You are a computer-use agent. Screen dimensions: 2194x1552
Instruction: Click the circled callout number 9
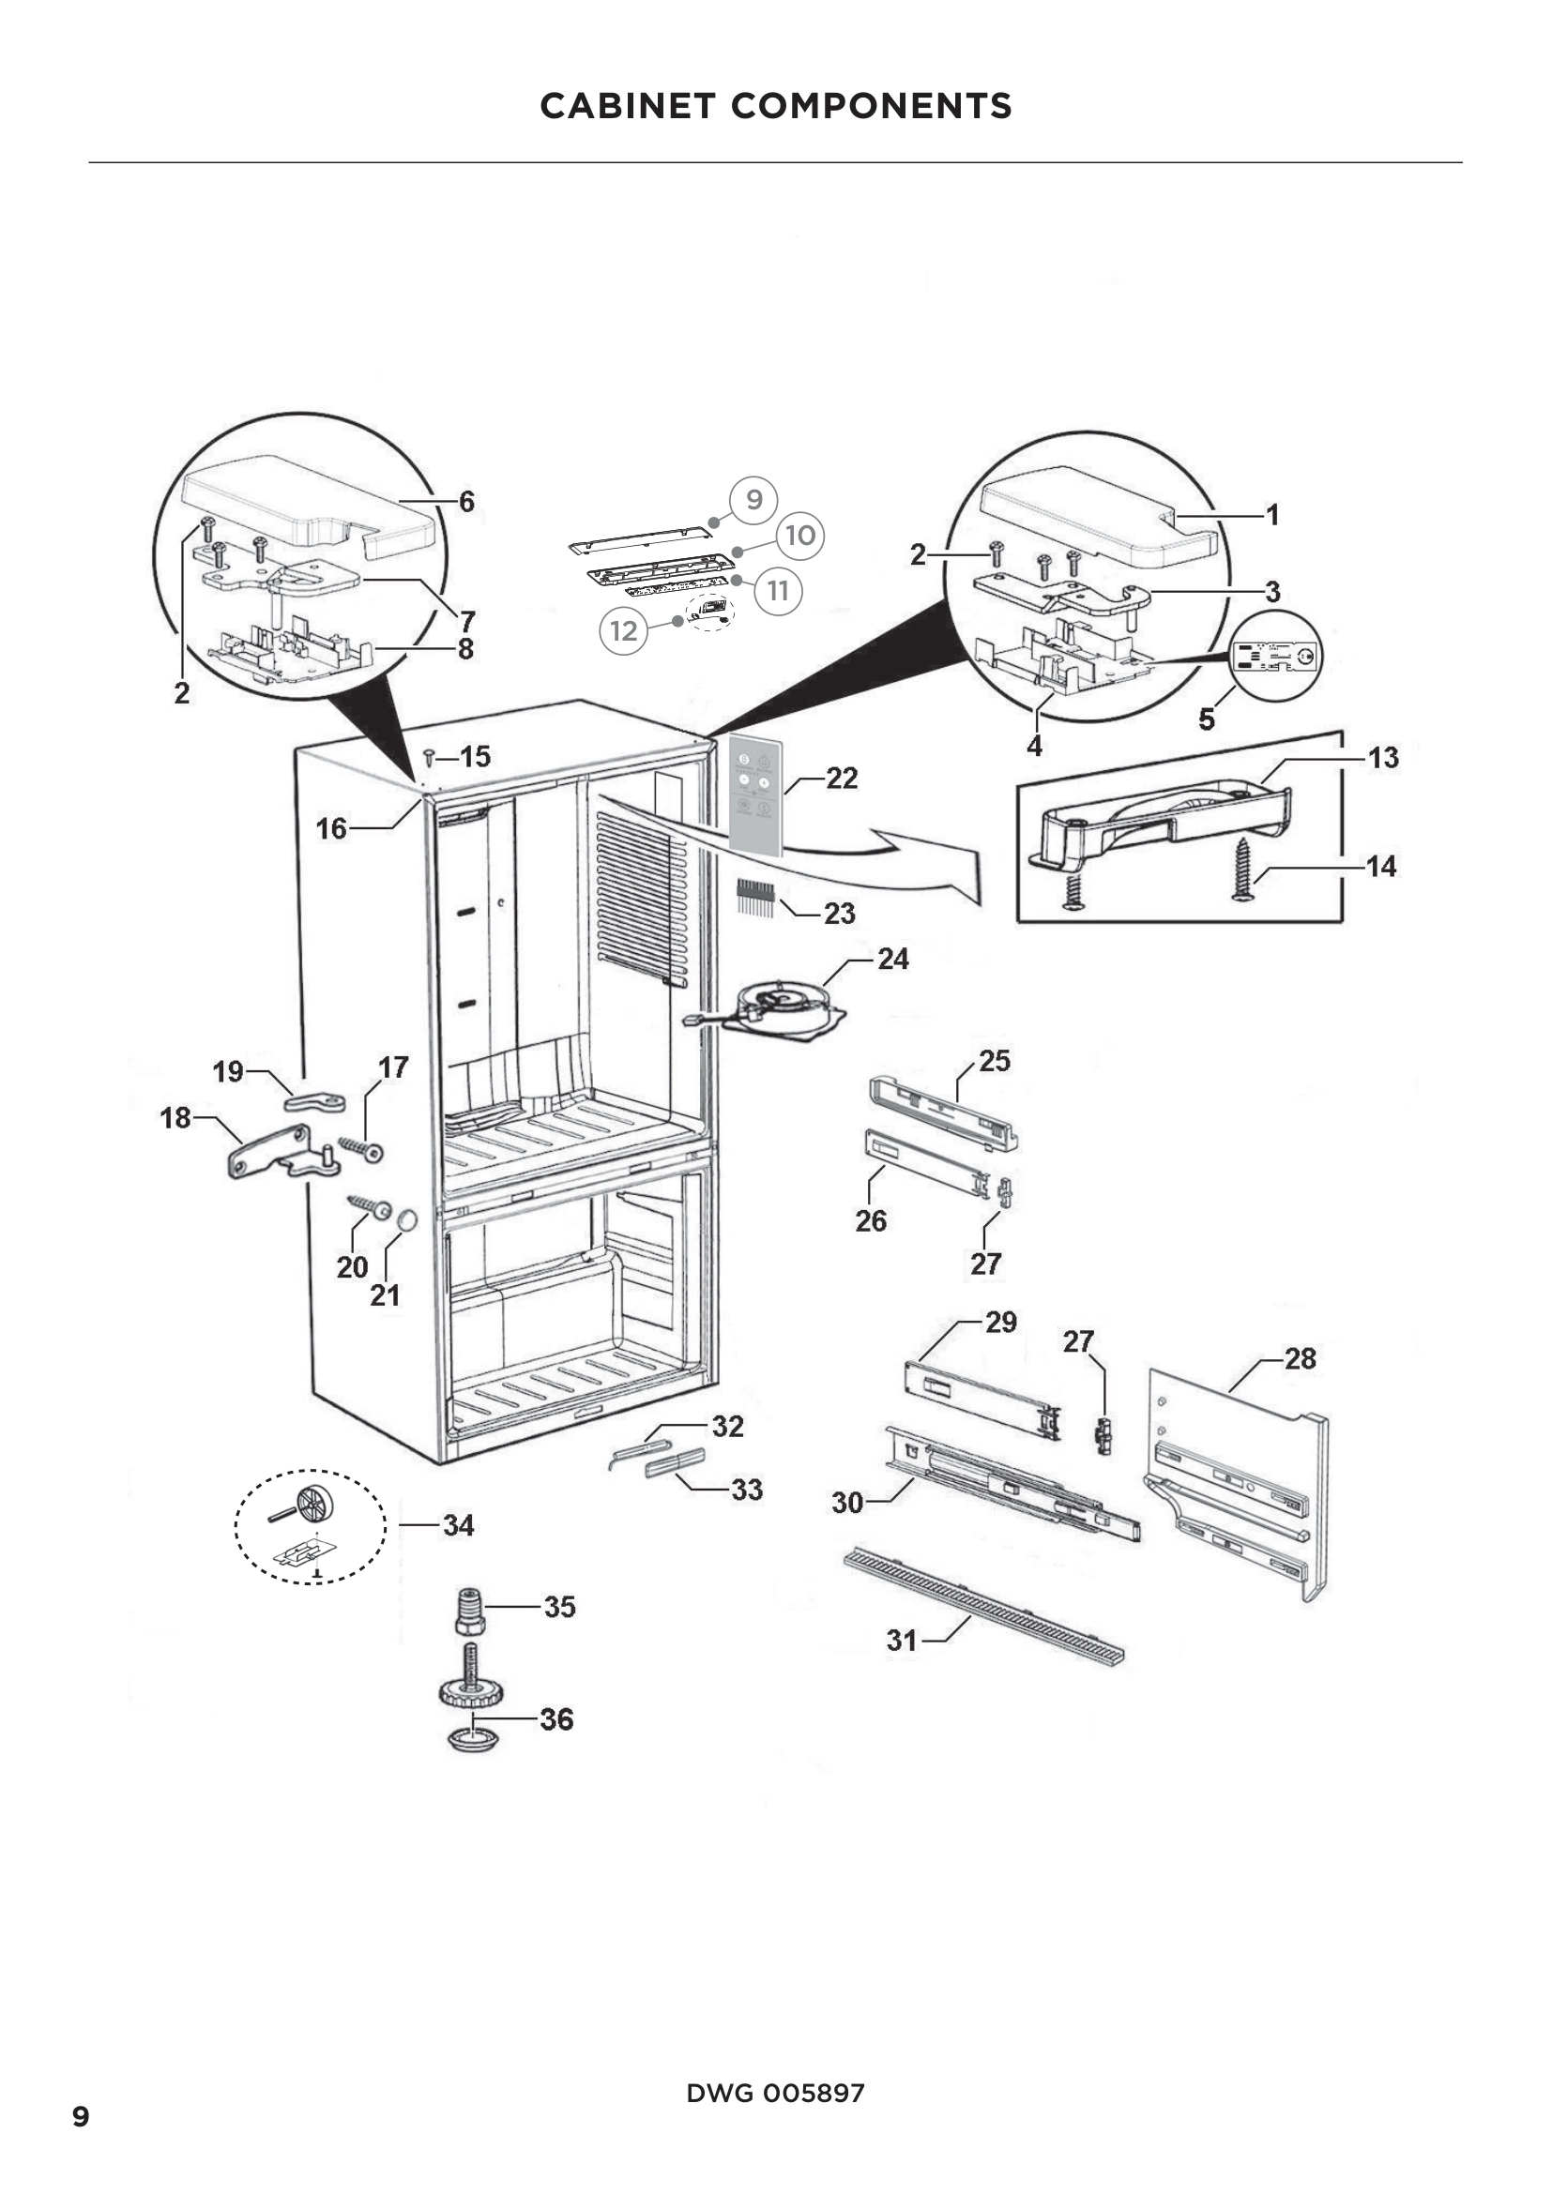click(753, 500)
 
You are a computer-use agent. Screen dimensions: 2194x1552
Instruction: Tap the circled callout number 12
click(623, 630)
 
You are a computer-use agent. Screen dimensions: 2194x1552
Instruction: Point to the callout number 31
click(901, 1640)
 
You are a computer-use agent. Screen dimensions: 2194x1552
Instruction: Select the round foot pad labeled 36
click(472, 1737)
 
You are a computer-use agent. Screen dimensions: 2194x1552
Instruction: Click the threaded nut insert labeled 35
click(469, 1611)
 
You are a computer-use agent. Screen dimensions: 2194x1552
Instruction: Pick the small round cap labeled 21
click(405, 1220)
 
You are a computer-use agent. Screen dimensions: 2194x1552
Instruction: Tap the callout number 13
click(1383, 758)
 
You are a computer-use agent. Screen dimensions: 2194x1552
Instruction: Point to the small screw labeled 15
click(429, 757)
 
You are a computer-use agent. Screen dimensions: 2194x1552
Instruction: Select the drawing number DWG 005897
click(775, 2093)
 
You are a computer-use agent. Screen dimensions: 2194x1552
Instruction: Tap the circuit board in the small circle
click(1275, 658)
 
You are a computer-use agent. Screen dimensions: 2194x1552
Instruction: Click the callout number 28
click(1300, 1359)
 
